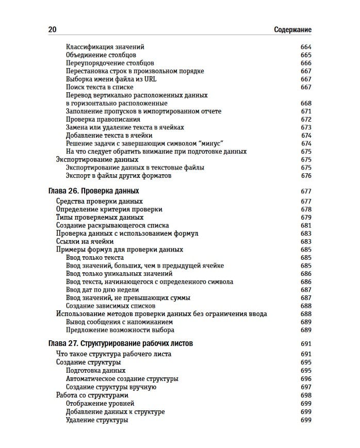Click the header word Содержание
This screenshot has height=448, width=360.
click(293, 30)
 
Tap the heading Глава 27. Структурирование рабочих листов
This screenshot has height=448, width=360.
click(121, 343)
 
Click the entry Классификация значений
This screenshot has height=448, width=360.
click(105, 47)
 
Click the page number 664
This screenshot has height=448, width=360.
click(306, 47)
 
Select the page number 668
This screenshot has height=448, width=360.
click(306, 103)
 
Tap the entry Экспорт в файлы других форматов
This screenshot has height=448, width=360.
click(119, 176)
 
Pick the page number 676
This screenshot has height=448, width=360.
click(306, 176)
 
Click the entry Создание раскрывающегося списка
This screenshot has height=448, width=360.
click(112, 225)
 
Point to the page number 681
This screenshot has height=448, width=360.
click(306, 225)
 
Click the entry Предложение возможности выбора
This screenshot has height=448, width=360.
click(120, 330)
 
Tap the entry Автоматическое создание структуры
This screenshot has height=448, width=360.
click(122, 379)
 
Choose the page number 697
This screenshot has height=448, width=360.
click(306, 387)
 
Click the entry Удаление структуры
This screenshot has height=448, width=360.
click(97, 420)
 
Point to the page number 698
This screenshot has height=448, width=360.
click(306, 395)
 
